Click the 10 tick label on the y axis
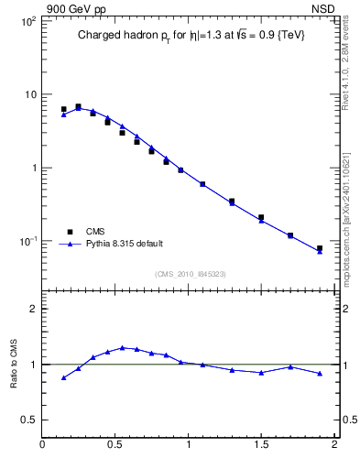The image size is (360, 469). tap(29, 94)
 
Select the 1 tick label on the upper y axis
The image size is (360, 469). tap(33, 168)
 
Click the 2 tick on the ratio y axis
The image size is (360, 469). tap(33, 309)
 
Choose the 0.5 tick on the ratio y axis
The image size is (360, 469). tap(29, 420)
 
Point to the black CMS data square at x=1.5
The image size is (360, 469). tap(261, 217)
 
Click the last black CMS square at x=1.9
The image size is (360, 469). tap(320, 248)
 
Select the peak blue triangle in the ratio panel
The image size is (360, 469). tap(122, 347)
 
